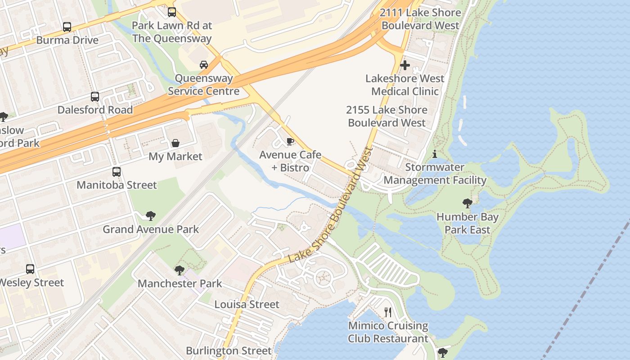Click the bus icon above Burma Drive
coord(67,27)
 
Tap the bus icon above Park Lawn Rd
coord(171,12)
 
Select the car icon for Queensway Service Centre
coord(204,65)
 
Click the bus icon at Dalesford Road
coord(95,97)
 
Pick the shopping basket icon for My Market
coord(175,143)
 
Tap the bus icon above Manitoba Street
coord(117,172)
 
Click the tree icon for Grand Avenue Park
coord(151,216)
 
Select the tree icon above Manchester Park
coord(180,270)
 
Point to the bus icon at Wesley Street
coord(30,269)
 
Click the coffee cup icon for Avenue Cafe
coord(290,142)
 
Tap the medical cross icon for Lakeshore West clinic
coord(405,65)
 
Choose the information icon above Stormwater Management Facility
coord(434,154)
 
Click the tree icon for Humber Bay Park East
coord(468,203)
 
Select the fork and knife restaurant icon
coord(388,312)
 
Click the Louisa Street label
coord(247,304)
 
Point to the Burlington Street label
coord(229,351)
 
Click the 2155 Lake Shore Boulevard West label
coord(387,116)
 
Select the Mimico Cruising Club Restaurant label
coord(388,332)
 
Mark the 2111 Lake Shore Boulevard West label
coord(420,19)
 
